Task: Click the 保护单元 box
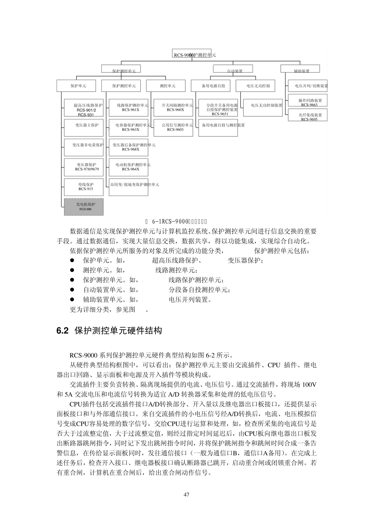pyautogui.click(x=78, y=86)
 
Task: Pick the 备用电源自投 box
pyautogui.click(x=213, y=86)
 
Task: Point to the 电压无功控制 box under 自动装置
pyautogui.click(x=258, y=86)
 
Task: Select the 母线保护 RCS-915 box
pyautogui.click(x=84, y=187)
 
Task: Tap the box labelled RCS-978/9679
pyautogui.click(x=84, y=167)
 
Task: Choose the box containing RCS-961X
pyautogui.click(x=129, y=108)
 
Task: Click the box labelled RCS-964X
pyautogui.click(x=129, y=167)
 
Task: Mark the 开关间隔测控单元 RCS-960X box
pyautogui.click(x=174, y=108)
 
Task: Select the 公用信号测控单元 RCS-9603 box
pyautogui.click(x=174, y=127)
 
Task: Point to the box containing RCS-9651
pyautogui.click(x=218, y=108)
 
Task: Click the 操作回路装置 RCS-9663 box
pyautogui.click(x=308, y=102)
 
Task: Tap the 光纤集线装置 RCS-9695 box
pyautogui.click(x=308, y=116)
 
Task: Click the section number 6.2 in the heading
pyautogui.click(x=63, y=331)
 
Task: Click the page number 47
pyautogui.click(x=186, y=494)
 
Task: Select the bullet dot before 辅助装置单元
pyautogui.click(x=72, y=300)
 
